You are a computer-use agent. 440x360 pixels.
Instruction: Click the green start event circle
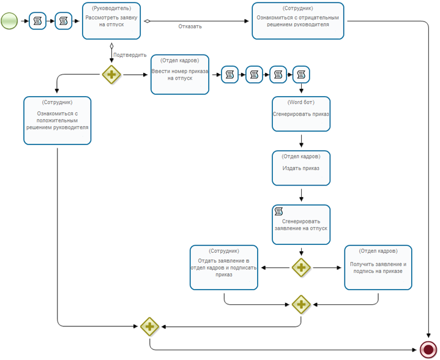point(9,21)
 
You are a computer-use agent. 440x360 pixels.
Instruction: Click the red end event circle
point(428,350)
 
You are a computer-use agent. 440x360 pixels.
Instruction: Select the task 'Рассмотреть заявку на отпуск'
point(111,21)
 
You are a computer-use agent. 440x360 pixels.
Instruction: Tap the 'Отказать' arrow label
point(190,26)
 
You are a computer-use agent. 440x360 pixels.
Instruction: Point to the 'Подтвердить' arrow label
point(130,55)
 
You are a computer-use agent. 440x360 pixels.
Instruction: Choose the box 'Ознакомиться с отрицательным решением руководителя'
point(298,21)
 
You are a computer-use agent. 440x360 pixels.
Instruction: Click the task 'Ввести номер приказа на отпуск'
point(180,75)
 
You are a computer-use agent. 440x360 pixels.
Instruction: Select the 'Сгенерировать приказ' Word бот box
point(301,114)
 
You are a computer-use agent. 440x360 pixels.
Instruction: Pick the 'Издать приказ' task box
point(301,168)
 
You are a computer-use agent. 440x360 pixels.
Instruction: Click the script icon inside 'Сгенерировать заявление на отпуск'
point(278,211)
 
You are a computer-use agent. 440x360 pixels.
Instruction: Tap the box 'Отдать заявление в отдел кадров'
point(223,268)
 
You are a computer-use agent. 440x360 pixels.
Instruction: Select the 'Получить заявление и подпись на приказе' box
point(378,268)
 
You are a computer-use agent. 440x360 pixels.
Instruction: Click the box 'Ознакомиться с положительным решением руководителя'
point(58,121)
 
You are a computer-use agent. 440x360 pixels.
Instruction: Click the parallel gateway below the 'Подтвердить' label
point(111,75)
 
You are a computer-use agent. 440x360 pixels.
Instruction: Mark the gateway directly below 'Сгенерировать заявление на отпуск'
point(301,268)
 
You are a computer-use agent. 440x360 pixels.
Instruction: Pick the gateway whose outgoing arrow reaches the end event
point(149,326)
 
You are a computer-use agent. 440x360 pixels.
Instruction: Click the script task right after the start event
point(37,21)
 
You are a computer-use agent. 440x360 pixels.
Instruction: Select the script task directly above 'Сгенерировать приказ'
point(301,75)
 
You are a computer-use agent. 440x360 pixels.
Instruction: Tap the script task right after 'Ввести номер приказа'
point(230,75)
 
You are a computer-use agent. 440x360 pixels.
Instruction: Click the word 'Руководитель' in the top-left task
point(111,9)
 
